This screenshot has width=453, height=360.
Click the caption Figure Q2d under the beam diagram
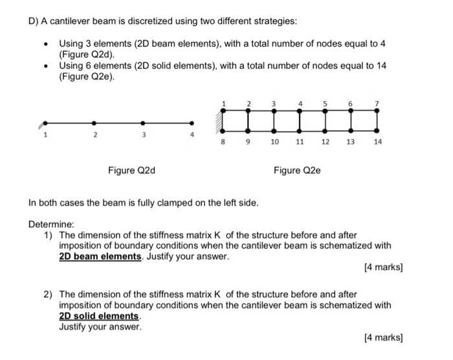pyautogui.click(x=131, y=171)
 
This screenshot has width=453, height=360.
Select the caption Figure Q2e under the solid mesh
pyautogui.click(x=296, y=171)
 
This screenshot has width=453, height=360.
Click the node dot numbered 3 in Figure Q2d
pyautogui.click(x=143, y=122)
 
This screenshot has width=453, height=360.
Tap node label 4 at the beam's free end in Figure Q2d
pyautogui.click(x=192, y=135)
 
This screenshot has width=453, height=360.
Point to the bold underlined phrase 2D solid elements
pyautogui.click(x=99, y=315)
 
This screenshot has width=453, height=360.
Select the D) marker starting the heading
pyautogui.click(x=34, y=21)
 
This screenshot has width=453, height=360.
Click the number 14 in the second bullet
pyautogui.click(x=379, y=66)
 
